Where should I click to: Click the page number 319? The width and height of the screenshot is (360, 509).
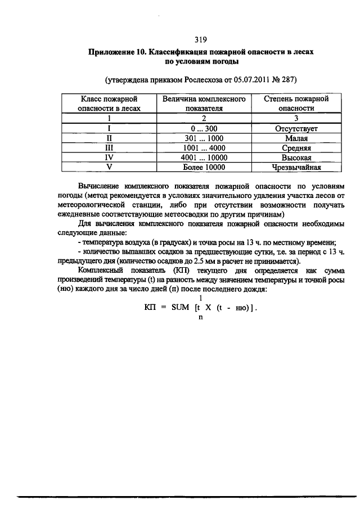tap(201, 39)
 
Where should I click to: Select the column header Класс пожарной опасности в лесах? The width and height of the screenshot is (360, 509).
tap(109, 103)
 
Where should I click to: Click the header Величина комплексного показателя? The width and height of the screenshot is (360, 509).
tap(204, 103)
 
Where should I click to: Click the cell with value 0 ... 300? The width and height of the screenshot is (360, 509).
tap(204, 128)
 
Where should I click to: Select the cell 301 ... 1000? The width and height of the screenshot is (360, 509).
tap(204, 138)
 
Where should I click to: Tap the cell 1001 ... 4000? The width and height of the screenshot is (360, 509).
tap(204, 147)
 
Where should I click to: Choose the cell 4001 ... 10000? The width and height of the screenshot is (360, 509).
tap(204, 157)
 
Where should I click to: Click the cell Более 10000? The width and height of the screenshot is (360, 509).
tap(204, 167)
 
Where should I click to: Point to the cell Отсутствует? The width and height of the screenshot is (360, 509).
tap(296, 128)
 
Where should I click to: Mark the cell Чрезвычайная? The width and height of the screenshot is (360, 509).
tap(296, 167)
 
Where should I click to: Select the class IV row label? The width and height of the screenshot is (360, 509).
tap(109, 157)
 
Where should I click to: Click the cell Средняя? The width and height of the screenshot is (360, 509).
tap(296, 147)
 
